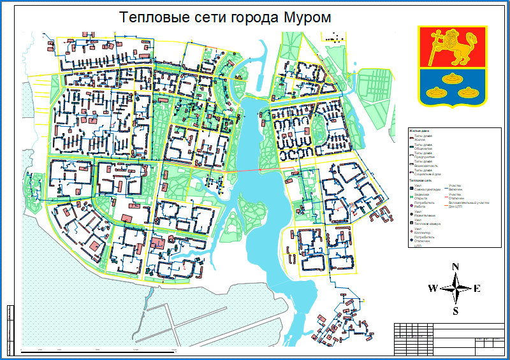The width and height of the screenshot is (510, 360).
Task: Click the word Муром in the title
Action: click(x=306, y=17)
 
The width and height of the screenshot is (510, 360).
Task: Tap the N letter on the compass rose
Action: click(x=455, y=267)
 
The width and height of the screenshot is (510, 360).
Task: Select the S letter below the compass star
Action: click(x=455, y=311)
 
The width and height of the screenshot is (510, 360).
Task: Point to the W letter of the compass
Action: click(x=433, y=289)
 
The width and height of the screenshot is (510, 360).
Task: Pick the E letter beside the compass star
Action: click(x=477, y=289)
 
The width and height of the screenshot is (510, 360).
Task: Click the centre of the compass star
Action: click(x=455, y=289)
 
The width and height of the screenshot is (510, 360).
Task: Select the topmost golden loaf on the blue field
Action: click(x=453, y=79)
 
